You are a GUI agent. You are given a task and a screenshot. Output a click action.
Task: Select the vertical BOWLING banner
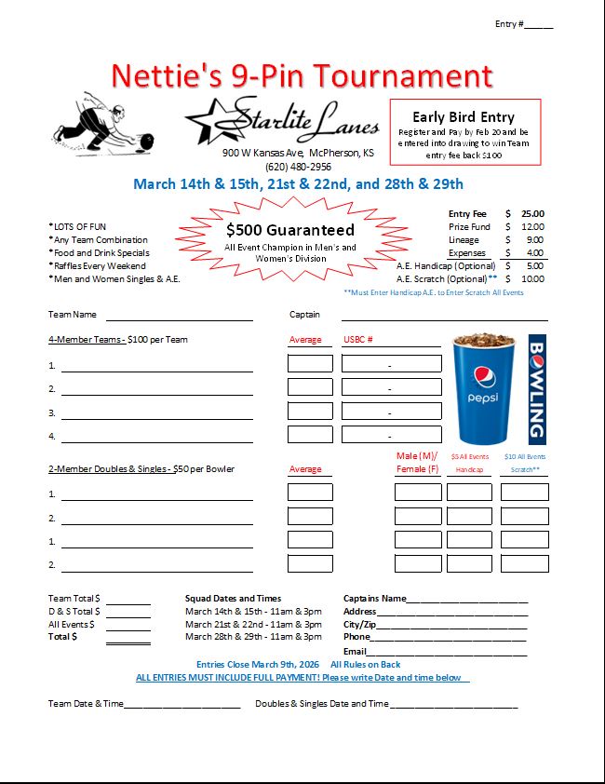[537, 388]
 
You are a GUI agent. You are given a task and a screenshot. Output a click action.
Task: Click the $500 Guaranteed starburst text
[289, 230]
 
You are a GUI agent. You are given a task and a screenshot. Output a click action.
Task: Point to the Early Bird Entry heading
[464, 116]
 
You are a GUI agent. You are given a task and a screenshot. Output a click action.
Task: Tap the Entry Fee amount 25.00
[532, 213]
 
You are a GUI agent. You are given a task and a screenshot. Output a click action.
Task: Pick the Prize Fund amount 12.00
[532, 226]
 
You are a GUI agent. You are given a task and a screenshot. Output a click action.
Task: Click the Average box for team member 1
[309, 364]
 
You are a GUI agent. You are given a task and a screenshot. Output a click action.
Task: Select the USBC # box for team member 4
[390, 435]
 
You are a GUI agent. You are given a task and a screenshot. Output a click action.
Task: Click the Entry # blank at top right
[539, 25]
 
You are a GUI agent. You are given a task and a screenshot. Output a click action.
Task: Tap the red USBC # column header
[358, 340]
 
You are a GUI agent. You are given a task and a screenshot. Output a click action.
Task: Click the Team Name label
[72, 315]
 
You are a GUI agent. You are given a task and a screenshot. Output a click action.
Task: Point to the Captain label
[304, 315]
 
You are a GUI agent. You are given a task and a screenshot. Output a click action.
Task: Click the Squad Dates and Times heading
[233, 599]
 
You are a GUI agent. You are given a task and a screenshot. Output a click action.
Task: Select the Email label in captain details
[355, 651]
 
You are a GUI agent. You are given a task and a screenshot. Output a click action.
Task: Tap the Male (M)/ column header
[416, 456]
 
